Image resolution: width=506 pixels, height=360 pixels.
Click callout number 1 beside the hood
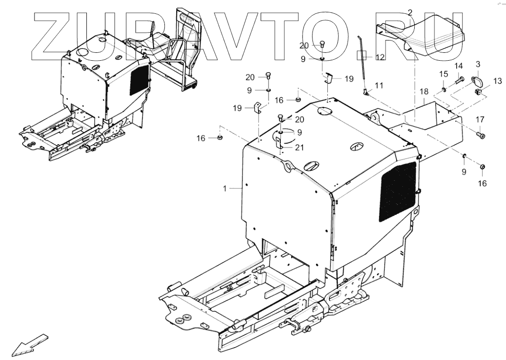[225, 189]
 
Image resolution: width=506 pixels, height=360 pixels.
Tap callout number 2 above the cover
[410, 12]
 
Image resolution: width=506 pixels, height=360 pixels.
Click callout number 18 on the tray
[424, 92]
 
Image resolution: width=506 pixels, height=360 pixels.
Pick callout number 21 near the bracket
[299, 147]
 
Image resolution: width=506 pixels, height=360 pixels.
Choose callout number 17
[480, 119]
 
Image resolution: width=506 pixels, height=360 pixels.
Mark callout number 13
[497, 80]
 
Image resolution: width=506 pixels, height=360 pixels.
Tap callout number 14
[459, 66]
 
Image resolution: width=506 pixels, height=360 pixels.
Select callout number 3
[478, 64]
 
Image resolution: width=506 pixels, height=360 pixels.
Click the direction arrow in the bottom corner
[30, 344]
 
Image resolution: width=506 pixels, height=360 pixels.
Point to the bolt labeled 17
[481, 134]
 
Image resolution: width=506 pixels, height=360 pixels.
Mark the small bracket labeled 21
[279, 142]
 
